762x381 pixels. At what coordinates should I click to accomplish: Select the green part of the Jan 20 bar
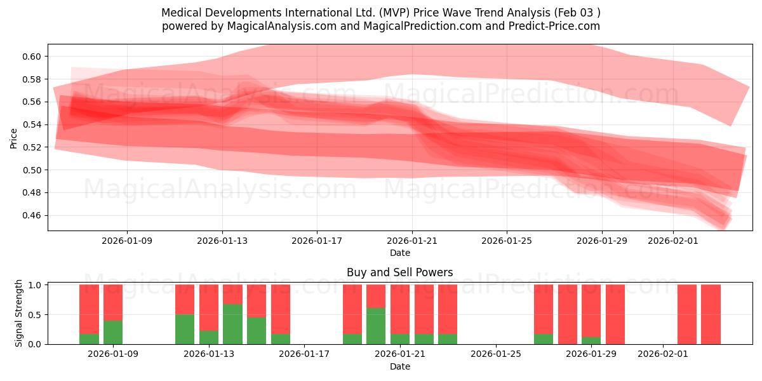(376, 326)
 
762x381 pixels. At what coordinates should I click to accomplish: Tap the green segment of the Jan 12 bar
(185, 329)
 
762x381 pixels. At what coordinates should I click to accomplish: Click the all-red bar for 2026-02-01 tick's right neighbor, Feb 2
(687, 314)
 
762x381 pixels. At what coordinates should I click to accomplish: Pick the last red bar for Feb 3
(711, 314)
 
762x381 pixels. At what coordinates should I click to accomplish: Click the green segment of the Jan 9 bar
(113, 332)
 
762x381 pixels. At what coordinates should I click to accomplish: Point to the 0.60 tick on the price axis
(32, 57)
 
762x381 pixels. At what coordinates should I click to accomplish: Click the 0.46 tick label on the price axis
(32, 215)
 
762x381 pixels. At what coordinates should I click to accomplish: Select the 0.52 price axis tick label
(32, 147)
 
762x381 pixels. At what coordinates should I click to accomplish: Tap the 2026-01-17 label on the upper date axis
(317, 241)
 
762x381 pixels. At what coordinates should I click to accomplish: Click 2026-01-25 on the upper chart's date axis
(507, 241)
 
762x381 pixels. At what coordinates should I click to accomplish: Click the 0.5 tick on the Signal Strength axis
(36, 314)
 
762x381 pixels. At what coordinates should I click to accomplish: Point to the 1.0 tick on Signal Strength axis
(36, 285)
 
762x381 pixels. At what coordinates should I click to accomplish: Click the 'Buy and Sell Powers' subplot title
(399, 272)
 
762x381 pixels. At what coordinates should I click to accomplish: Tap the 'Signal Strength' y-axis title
(19, 313)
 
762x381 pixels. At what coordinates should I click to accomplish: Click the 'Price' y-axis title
(14, 138)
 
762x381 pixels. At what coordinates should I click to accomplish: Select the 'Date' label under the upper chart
(399, 253)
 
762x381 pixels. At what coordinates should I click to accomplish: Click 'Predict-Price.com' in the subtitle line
(557, 26)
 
